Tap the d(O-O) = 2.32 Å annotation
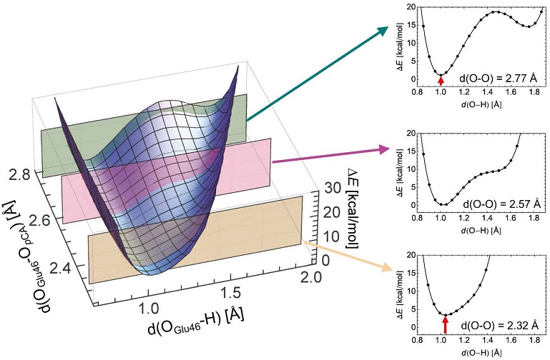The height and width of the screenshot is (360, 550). click(500, 317)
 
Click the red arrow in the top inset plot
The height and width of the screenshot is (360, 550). click(441, 79)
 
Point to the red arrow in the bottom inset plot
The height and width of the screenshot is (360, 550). click(445, 325)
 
